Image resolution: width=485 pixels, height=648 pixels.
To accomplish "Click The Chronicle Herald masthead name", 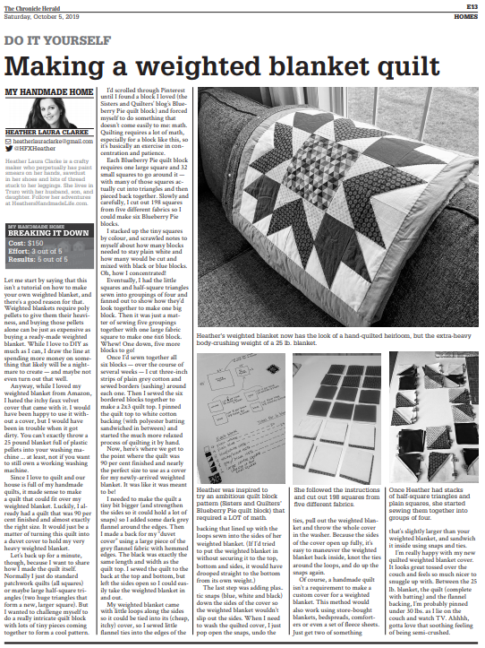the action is pos(31,5).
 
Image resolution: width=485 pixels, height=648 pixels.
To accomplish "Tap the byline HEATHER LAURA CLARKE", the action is pos(48,131).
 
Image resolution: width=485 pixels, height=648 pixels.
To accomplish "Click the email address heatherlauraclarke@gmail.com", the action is pos(54,141).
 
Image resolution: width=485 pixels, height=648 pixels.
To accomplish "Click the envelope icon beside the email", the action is pos(10,141).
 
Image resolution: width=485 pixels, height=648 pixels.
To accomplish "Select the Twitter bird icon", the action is pos(10,148).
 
